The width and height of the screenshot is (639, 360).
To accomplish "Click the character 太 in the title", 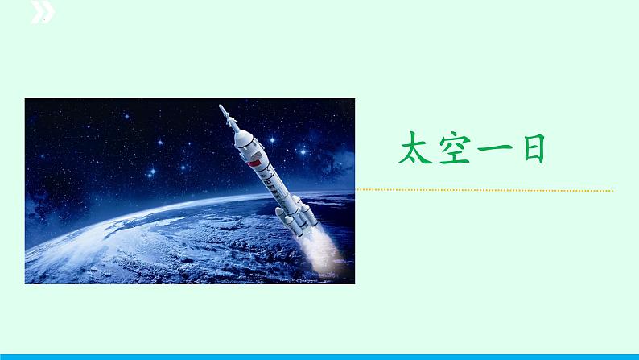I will [416, 150].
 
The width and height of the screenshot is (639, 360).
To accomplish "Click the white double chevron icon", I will [43, 11].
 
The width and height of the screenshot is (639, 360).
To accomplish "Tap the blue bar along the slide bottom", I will [319, 355].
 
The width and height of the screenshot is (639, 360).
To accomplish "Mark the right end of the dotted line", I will [612, 191].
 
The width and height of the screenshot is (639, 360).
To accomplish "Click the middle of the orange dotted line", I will [484, 191].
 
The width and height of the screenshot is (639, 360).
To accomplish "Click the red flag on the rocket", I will [254, 164].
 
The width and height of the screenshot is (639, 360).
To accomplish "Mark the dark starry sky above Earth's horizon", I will [97, 145].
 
